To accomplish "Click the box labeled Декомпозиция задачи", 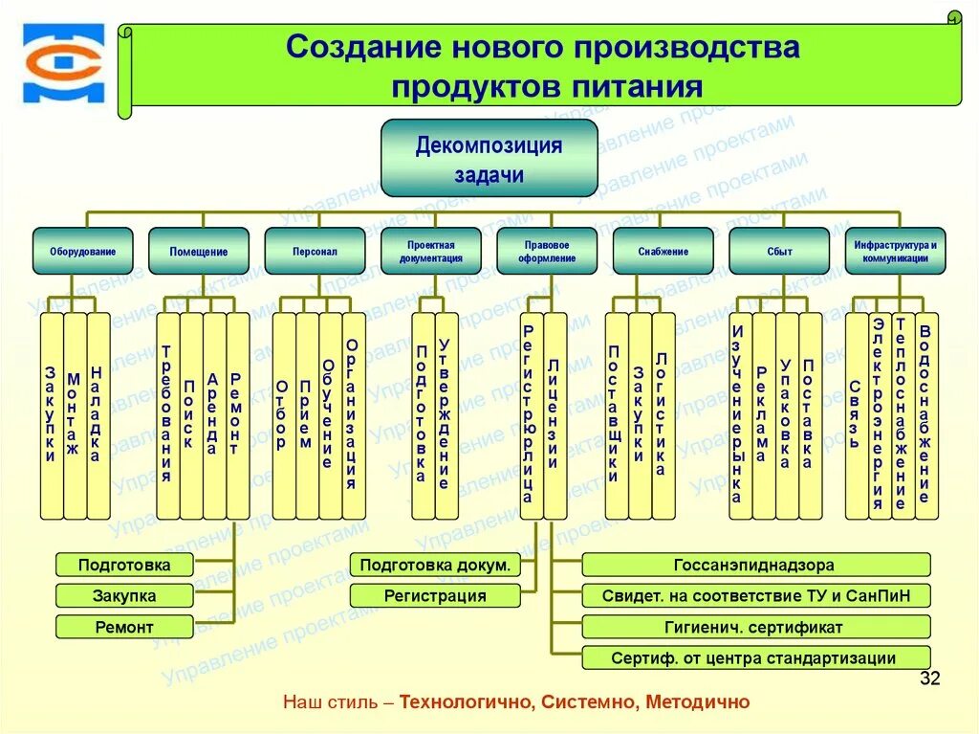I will pyautogui.click(x=489, y=158).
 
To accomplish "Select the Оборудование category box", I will pyautogui.click(x=83, y=251).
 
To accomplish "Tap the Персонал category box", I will pyautogui.click(x=315, y=251).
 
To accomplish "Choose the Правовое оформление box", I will pyautogui.click(x=547, y=251).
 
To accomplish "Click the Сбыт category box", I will pyautogui.click(x=779, y=251).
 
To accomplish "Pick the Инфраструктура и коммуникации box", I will pyautogui.click(x=895, y=251).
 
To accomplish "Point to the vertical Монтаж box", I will pyautogui.click(x=75, y=415).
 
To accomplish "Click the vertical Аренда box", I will pyautogui.click(x=214, y=415).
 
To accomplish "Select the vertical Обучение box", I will pyautogui.click(x=330, y=415).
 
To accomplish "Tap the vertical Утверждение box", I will pyautogui.click(x=446, y=415).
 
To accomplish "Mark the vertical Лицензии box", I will pyautogui.click(x=555, y=415).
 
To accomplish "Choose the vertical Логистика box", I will pyautogui.click(x=663, y=415).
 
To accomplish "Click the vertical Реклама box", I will pyautogui.click(x=763, y=415).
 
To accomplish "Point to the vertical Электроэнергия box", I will pyautogui.click(x=880, y=415).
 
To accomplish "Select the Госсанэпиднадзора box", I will pyautogui.click(x=755, y=565).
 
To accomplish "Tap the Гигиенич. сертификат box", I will pyautogui.click(x=755, y=628).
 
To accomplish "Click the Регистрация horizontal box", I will pyautogui.click(x=435, y=596).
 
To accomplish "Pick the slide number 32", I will pyautogui.click(x=929, y=679).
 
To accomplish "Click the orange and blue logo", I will pyautogui.click(x=63, y=64).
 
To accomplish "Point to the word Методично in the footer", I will pyautogui.click(x=698, y=702).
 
